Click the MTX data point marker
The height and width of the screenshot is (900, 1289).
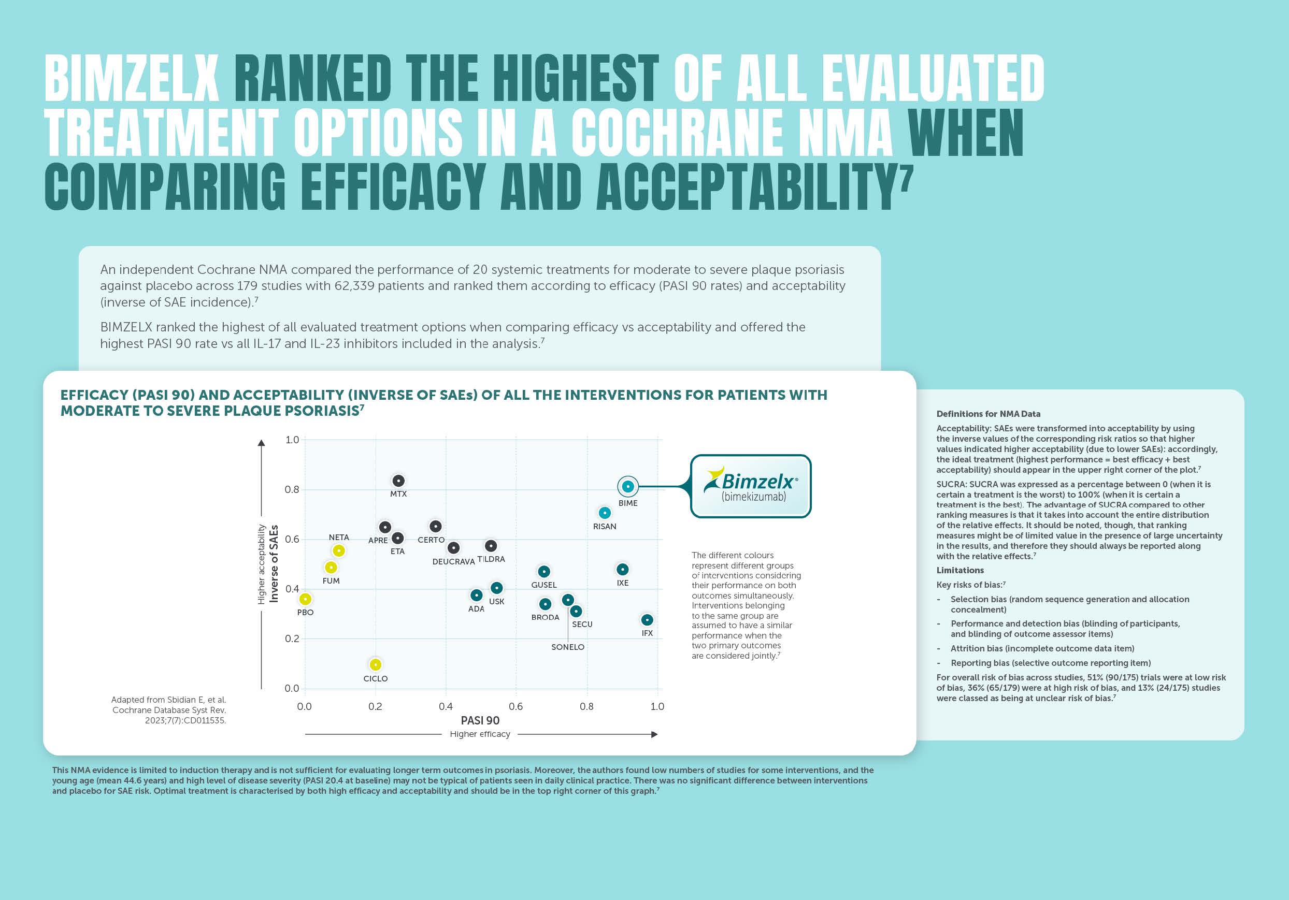[398, 481]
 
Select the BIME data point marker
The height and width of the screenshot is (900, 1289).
[627, 486]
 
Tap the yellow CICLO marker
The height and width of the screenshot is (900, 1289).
[375, 664]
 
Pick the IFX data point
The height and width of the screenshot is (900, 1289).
[647, 620]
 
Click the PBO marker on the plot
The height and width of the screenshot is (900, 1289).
[305, 599]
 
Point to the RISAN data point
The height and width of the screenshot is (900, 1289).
[604, 513]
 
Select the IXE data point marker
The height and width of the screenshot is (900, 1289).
[622, 570]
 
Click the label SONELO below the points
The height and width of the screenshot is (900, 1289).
[568, 647]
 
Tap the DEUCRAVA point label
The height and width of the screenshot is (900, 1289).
[453, 562]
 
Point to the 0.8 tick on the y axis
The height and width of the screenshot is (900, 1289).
[292, 489]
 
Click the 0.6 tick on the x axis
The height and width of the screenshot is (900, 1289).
[515, 706]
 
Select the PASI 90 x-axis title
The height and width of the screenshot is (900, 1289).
[480, 720]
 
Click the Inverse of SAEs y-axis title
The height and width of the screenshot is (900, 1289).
[274, 563]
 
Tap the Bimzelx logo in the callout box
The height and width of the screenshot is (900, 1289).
[751, 486]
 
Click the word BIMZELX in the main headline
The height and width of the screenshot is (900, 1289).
[132, 79]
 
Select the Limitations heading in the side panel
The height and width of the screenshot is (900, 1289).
[960, 570]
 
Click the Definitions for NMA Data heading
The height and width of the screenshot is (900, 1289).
[988, 414]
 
